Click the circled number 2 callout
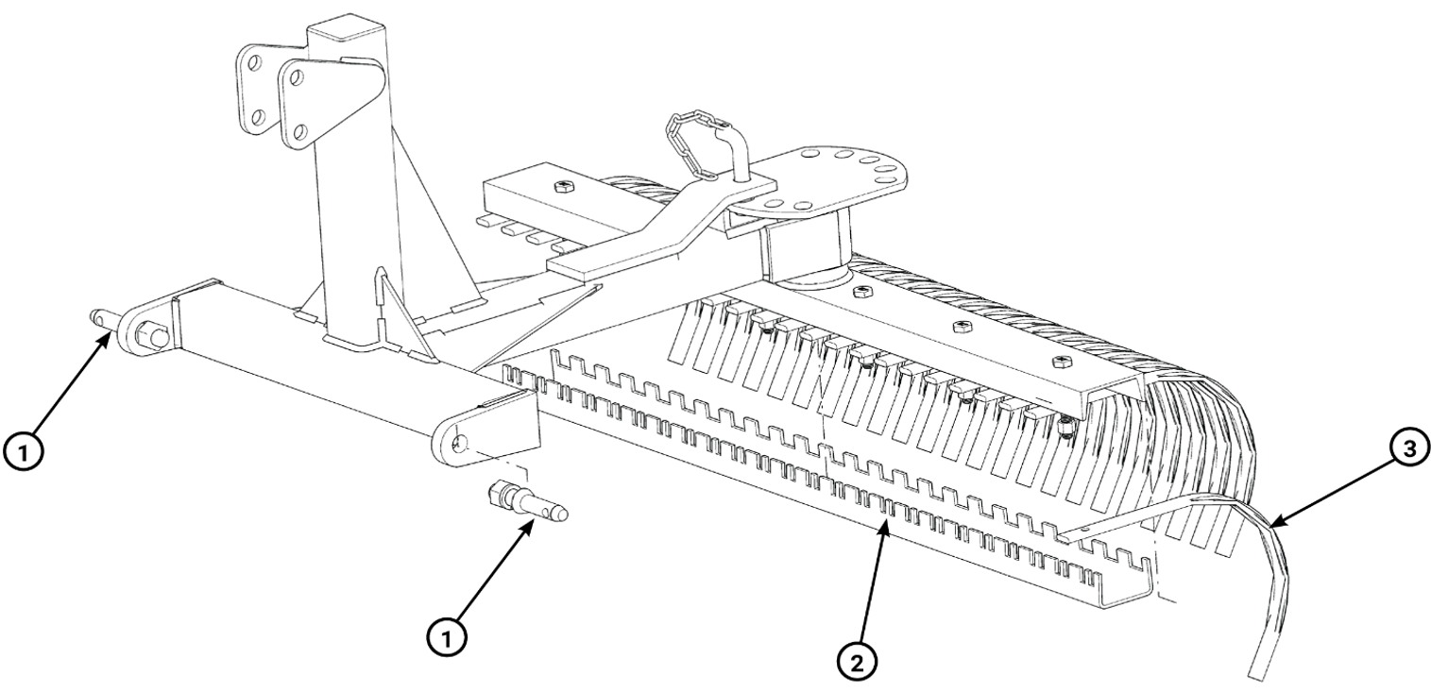(856, 664)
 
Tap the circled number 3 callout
(1408, 448)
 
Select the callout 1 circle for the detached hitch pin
(447, 637)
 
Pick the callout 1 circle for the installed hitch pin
(23, 452)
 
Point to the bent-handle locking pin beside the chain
(735, 153)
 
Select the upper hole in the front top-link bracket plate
(296, 78)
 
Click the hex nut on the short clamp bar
(563, 186)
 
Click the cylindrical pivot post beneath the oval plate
(811, 249)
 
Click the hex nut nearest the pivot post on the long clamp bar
(863, 292)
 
